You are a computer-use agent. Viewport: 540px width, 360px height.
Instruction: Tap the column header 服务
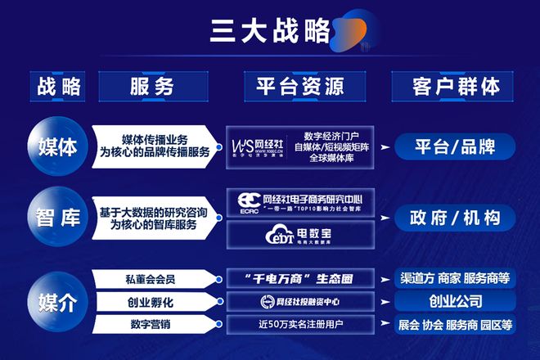(x=152, y=86)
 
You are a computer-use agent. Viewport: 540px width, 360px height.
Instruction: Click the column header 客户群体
(x=455, y=86)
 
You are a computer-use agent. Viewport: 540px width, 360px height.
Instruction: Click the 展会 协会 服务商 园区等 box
(x=455, y=325)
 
